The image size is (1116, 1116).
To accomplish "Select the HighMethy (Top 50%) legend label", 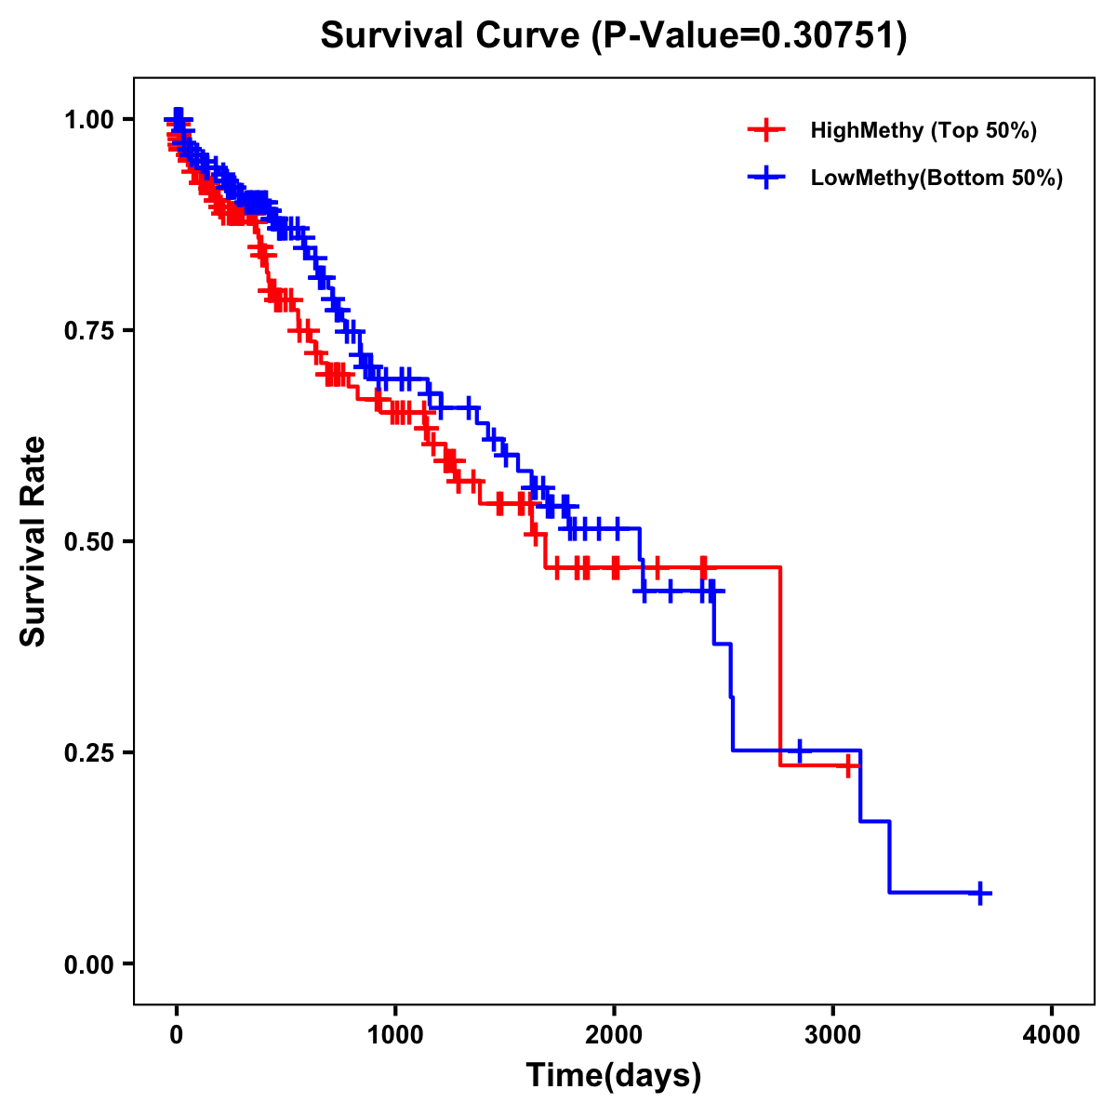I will (x=923, y=130).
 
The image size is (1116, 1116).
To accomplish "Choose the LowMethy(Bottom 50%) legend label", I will (x=937, y=179).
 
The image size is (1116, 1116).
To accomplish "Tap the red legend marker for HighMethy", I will (x=766, y=130).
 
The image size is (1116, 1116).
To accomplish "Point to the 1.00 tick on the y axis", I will (x=87, y=120).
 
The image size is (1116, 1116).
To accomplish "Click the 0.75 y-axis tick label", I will (x=87, y=331).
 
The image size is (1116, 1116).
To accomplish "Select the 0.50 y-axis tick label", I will (x=87, y=542).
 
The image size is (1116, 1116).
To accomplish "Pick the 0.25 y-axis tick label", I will (x=87, y=753).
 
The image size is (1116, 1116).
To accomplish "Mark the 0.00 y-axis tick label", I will (x=87, y=964).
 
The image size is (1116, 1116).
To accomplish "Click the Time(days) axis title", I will (x=614, y=1076).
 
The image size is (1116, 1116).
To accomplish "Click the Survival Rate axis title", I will (x=34, y=541).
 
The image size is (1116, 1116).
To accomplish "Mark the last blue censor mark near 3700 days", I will (x=979, y=893).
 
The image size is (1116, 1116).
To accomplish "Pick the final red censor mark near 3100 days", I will (x=847, y=765).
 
